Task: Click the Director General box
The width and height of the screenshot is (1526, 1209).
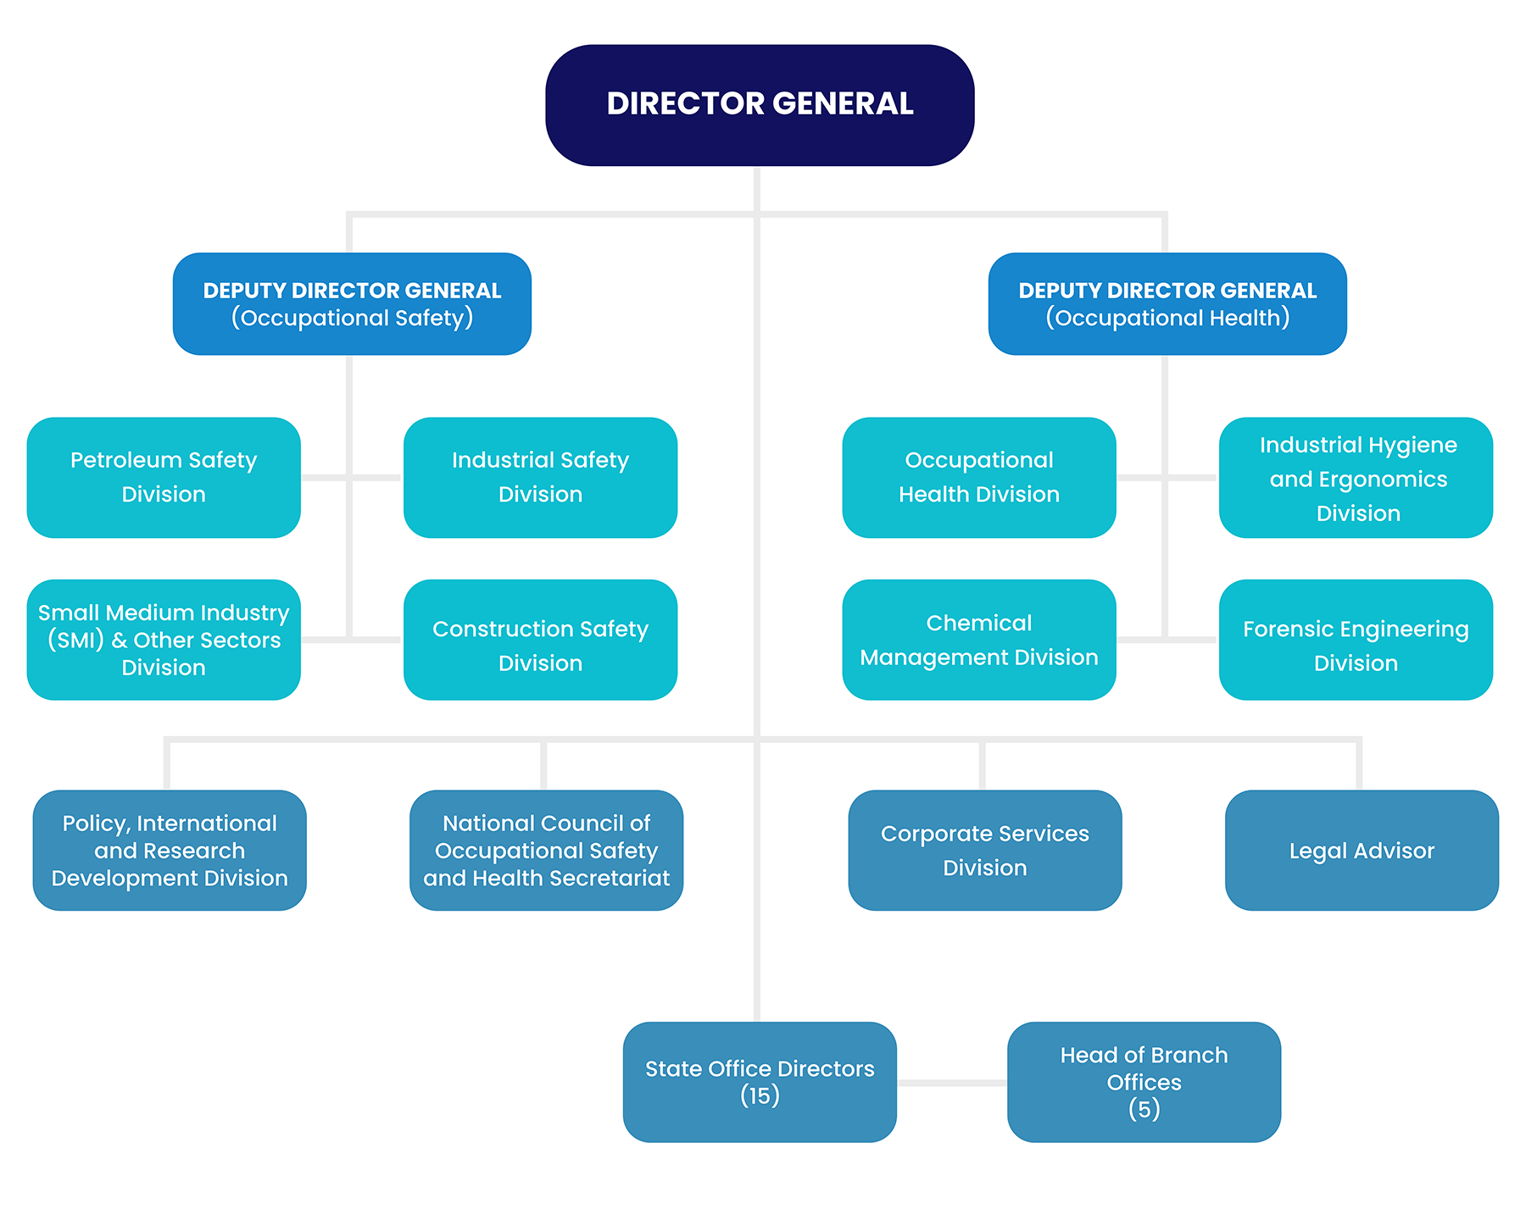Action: (760, 105)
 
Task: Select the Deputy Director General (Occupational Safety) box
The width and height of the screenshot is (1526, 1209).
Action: (352, 303)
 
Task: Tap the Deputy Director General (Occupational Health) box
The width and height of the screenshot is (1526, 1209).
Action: (1167, 303)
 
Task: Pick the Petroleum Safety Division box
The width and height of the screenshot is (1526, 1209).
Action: (164, 477)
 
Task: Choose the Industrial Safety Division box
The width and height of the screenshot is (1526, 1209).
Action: (540, 477)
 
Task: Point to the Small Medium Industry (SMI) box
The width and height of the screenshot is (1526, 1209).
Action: (164, 640)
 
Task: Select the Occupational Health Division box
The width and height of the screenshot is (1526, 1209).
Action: (979, 477)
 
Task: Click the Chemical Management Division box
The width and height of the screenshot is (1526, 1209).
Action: (979, 640)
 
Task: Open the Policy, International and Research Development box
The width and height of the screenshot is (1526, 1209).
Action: (170, 850)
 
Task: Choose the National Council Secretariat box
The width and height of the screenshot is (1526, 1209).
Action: (546, 850)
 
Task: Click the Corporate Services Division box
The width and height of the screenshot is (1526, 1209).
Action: (985, 850)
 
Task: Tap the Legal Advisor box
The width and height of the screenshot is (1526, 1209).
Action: (1362, 850)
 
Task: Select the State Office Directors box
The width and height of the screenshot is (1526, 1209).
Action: (760, 1069)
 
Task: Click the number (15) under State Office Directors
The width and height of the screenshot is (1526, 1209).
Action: (760, 1096)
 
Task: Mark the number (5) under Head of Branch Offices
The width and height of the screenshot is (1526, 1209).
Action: (1144, 1109)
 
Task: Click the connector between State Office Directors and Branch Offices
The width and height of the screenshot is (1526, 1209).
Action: (952, 1083)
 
